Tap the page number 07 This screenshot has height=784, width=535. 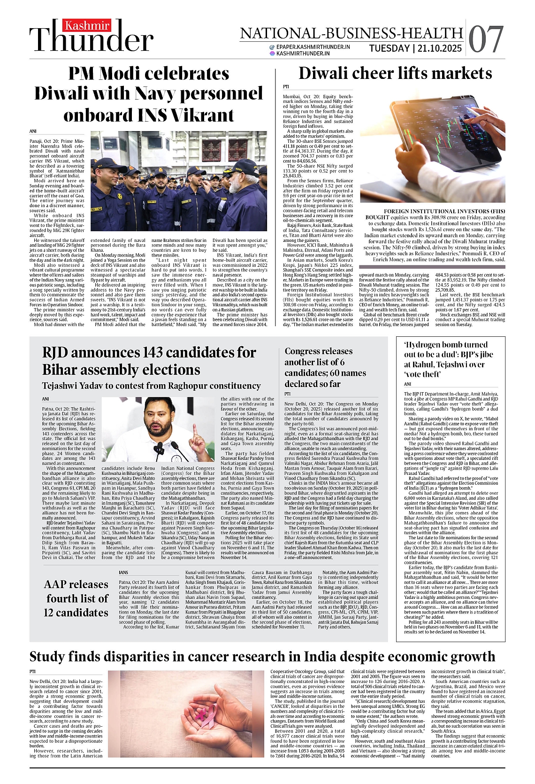[x=486, y=39]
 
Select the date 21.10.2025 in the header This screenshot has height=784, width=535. [x=439, y=48]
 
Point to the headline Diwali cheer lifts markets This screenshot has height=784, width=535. [x=395, y=73]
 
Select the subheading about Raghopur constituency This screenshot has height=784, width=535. [x=151, y=386]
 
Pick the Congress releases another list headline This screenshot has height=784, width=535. [x=325, y=367]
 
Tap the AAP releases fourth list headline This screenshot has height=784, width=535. [x=76, y=598]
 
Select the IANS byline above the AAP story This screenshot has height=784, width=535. [x=123, y=573]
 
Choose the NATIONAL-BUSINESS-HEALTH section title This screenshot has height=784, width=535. [x=352, y=33]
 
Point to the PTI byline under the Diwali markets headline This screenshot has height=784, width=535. [x=286, y=87]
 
